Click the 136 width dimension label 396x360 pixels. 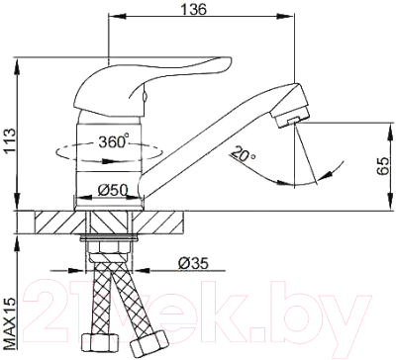coord(194,9)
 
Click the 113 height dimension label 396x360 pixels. coord(9,140)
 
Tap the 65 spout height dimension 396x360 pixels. coord(382,166)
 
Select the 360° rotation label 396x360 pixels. coord(113,140)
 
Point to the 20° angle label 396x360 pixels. coord(244,153)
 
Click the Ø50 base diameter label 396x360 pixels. coord(113,190)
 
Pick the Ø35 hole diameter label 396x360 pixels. coord(193,263)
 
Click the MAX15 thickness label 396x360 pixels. coord(10,322)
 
